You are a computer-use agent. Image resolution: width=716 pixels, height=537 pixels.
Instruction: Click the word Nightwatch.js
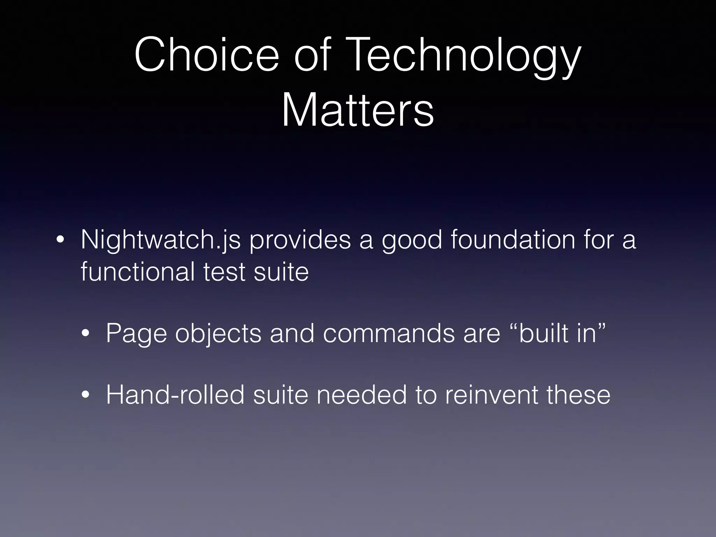click(x=161, y=241)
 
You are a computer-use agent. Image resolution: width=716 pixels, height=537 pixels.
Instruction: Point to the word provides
click(x=300, y=241)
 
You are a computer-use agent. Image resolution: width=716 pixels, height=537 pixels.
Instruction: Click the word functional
click(x=138, y=272)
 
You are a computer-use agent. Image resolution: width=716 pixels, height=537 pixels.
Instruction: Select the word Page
click(x=136, y=334)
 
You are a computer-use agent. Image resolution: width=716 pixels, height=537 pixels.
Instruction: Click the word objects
click(x=218, y=334)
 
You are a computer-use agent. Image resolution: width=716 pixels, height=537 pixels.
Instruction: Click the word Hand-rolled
click(x=175, y=395)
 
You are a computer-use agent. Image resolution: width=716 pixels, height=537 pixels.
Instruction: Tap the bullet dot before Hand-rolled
click(x=85, y=395)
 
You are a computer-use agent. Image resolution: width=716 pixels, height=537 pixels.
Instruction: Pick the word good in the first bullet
click(x=412, y=241)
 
